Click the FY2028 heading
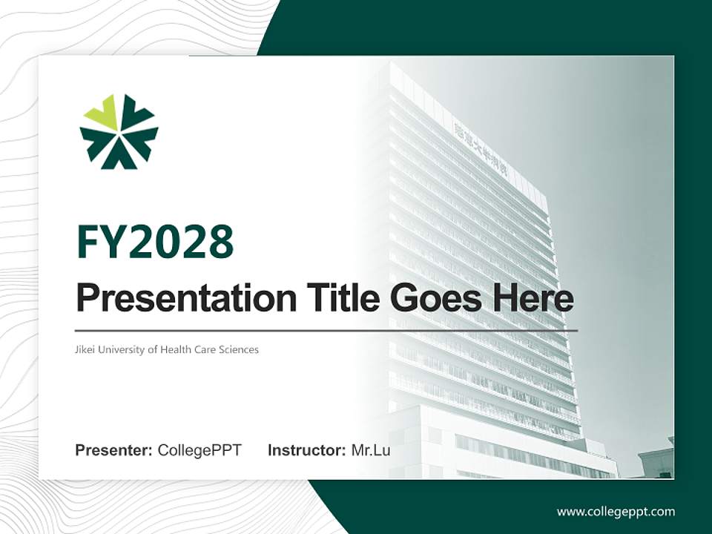[155, 242]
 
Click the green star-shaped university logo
[119, 131]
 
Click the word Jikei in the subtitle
[86, 349]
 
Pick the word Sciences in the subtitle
[240, 349]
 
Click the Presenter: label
[114, 450]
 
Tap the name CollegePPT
[200, 450]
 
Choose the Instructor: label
[306, 450]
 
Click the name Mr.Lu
[371, 450]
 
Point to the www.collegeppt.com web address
[616, 512]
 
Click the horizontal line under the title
[326, 330]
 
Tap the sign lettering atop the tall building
[490, 147]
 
